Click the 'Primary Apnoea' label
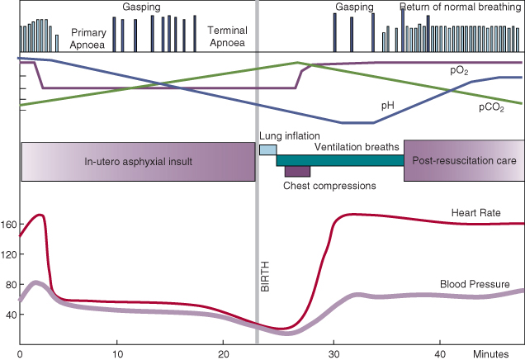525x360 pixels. tap(88, 38)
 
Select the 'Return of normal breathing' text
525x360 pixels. tap(461, 7)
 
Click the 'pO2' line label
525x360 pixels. tap(460, 72)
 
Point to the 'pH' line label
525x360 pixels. tap(388, 106)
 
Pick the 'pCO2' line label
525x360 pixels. tap(492, 107)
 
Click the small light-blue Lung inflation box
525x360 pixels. tap(267, 149)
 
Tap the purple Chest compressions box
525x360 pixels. tap(297, 171)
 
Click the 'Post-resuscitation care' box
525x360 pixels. tap(464, 161)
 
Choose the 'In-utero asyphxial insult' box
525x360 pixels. tap(138, 161)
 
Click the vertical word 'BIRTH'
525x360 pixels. tap(266, 277)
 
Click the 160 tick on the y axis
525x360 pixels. tap(9, 224)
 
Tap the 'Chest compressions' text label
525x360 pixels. tap(329, 186)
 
